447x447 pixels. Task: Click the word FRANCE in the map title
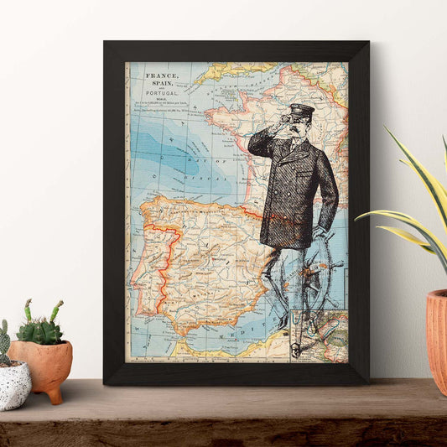(161, 75)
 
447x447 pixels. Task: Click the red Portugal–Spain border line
(172, 252)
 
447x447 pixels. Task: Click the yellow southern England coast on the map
(226, 70)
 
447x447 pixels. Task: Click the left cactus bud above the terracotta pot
(29, 309)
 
